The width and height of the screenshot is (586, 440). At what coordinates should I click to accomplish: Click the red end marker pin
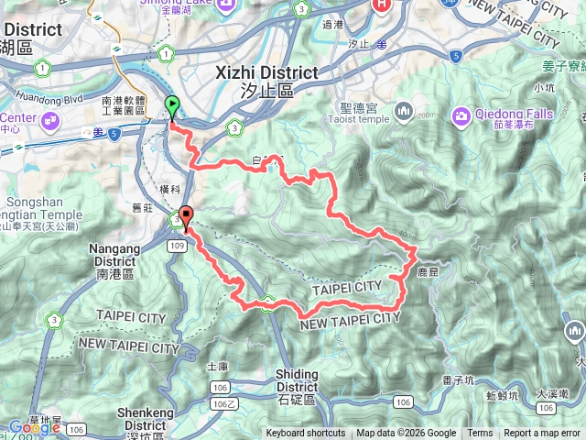click(187, 217)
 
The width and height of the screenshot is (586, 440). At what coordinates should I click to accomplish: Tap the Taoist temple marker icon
click(404, 112)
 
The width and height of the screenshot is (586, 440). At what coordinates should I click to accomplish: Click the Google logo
click(34, 426)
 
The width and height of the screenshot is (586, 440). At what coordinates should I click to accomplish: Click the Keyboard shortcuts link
click(306, 434)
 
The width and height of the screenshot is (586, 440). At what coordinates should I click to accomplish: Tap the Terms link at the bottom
click(480, 434)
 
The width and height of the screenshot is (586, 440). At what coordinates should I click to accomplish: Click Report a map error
click(542, 434)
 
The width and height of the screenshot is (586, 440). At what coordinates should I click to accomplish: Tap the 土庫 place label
click(217, 367)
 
